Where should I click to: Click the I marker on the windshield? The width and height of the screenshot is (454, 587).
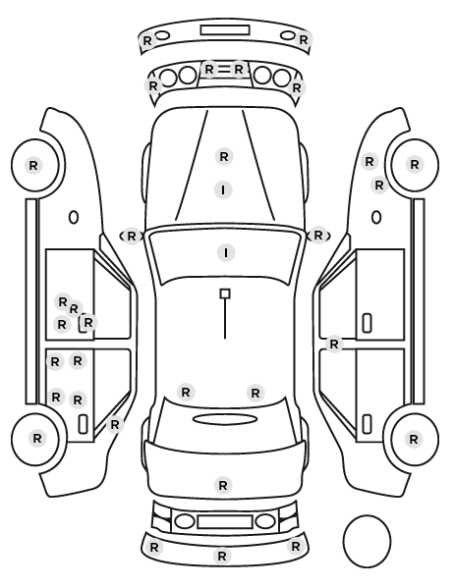[x=226, y=253]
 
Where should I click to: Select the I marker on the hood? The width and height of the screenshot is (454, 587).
[x=223, y=190]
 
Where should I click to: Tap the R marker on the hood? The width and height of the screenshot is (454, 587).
[x=224, y=156]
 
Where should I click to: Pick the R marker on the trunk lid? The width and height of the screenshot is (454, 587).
[x=223, y=486]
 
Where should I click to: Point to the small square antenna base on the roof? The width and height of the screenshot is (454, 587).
[x=225, y=293]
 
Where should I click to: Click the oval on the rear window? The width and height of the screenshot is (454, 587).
[x=225, y=419]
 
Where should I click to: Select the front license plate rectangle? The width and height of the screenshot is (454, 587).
[x=225, y=30]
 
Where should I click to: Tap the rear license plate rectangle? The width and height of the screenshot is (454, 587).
[x=225, y=522]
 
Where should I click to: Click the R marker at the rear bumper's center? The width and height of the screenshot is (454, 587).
[x=221, y=556]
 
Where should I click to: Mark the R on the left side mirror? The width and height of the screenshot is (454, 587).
[x=132, y=237]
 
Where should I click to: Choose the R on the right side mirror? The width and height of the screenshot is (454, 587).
[x=318, y=236]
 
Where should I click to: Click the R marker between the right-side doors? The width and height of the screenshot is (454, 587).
[x=334, y=344]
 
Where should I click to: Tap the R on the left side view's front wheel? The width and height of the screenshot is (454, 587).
[x=33, y=166]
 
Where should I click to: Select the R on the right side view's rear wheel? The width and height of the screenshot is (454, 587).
[x=414, y=439]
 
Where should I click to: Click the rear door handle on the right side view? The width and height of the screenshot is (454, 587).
[x=367, y=424]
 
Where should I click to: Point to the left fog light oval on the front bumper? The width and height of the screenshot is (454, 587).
[x=162, y=35]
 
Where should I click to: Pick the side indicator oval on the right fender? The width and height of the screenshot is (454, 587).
[x=376, y=218]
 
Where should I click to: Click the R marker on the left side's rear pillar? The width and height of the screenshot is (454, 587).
[x=115, y=425]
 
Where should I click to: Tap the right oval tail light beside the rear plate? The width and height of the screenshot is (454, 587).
[x=265, y=521]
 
